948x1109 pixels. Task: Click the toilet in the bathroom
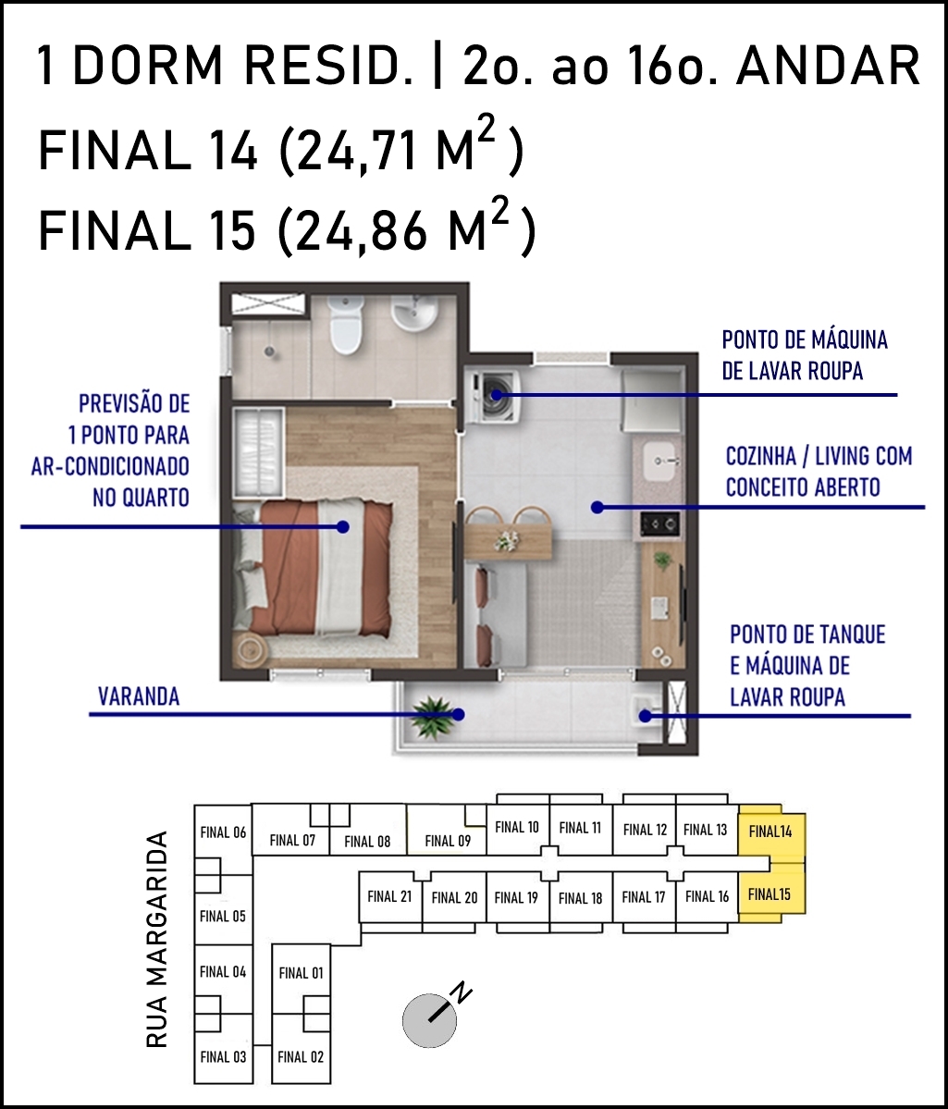click(346, 325)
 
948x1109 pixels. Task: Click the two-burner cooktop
click(660, 524)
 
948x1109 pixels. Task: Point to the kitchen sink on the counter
click(663, 462)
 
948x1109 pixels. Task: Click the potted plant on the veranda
click(432, 715)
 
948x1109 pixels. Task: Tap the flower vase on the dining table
click(507, 541)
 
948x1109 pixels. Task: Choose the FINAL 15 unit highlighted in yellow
click(771, 894)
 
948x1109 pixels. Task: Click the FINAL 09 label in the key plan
click(448, 841)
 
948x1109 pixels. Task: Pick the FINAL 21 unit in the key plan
click(389, 897)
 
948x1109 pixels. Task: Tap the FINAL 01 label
click(301, 973)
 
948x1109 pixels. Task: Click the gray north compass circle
click(429, 1020)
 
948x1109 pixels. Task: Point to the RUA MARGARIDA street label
click(156, 939)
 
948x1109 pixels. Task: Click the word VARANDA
click(139, 696)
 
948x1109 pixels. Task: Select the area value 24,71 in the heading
click(357, 152)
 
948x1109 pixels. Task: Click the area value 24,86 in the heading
click(362, 231)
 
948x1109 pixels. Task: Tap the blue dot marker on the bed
click(343, 526)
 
